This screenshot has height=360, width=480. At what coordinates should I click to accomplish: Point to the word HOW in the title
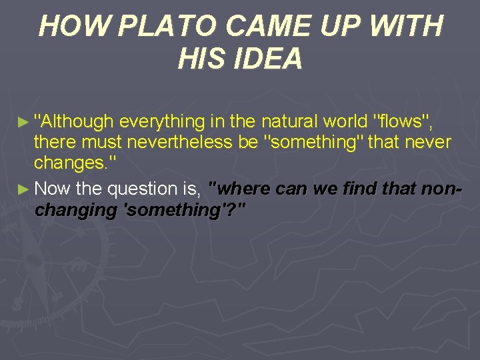tap(64, 27)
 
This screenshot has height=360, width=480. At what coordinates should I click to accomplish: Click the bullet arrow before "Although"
tap(24, 123)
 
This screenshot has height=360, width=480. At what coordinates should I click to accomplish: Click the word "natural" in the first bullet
tap(289, 121)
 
